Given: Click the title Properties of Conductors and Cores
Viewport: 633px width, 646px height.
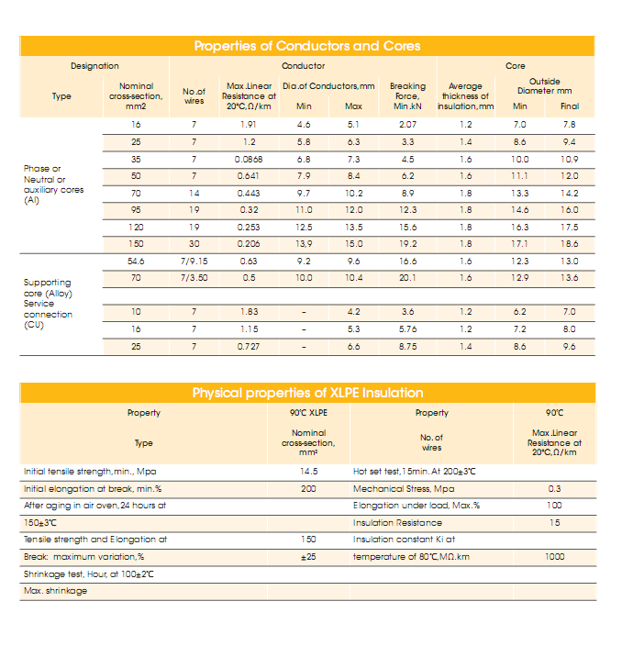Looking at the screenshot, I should pos(307,46).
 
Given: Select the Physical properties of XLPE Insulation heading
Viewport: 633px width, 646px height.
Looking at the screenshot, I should pos(307,393).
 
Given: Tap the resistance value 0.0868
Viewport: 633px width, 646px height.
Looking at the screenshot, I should pos(248,159).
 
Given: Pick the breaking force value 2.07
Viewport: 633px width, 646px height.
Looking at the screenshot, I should pos(408,124).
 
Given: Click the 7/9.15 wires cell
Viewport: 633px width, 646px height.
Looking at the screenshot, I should pos(194,262).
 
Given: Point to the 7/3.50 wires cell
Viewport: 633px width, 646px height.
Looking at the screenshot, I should pos(194,277).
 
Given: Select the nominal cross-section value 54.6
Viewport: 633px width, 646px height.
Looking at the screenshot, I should pos(136,262).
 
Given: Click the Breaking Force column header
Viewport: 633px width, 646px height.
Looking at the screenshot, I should pos(408,96).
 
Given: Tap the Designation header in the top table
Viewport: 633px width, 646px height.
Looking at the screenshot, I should pos(94,66).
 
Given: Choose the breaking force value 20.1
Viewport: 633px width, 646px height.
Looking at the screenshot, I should pos(408,277).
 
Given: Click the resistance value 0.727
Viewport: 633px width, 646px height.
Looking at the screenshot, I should pos(248,347).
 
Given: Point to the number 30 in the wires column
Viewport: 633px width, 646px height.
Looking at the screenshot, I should pos(194,244).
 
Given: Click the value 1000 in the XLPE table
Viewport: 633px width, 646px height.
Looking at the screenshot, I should pos(555,557).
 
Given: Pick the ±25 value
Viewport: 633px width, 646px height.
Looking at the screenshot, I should pos(308,557).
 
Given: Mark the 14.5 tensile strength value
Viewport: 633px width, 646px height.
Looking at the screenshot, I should pos(308,472).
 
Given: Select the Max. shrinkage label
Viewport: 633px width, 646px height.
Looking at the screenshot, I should pos(55,591).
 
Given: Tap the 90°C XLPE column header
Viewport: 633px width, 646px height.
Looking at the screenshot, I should pos(308,413).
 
